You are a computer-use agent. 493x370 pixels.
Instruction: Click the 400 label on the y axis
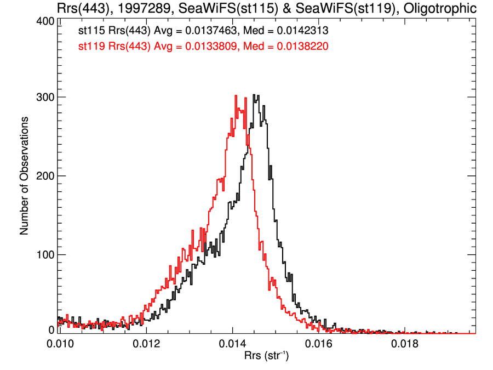(45, 21)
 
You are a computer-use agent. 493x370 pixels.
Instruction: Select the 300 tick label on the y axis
(45, 98)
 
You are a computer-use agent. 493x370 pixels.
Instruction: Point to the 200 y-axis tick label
(45, 176)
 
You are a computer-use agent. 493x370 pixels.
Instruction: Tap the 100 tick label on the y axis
(45, 254)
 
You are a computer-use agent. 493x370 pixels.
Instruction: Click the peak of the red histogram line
(236, 95)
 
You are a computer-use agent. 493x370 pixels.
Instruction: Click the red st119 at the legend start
(91, 47)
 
